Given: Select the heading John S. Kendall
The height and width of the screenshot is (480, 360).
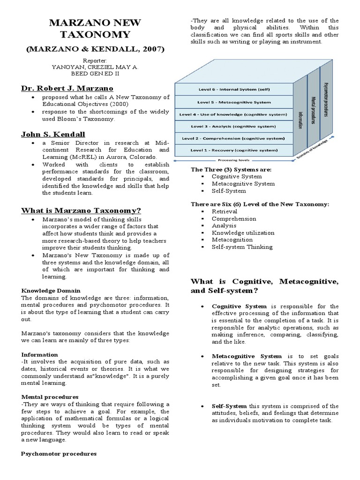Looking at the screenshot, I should click(53, 135).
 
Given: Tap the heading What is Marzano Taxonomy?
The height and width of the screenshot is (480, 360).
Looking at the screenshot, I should click(81, 210).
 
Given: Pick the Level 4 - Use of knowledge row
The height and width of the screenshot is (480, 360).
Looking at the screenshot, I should click(233, 113).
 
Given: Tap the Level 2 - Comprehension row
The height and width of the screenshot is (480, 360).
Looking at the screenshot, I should click(233, 138).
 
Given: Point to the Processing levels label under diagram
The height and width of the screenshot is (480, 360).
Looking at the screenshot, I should click(233, 160).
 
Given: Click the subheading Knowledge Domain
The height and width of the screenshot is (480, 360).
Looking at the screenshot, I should click(51, 291).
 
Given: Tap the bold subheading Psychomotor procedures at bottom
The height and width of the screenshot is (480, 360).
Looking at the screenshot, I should click(59, 454).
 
